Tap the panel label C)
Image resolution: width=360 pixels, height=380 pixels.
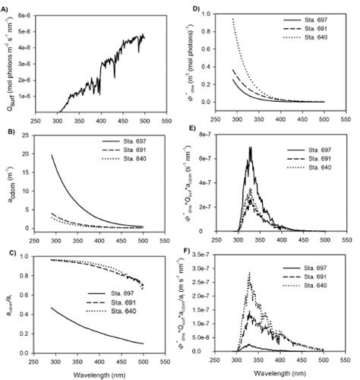(x=6, y=254)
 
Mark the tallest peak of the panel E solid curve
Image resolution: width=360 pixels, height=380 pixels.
(x=250, y=147)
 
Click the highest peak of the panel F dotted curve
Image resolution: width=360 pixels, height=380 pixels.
(x=250, y=272)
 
